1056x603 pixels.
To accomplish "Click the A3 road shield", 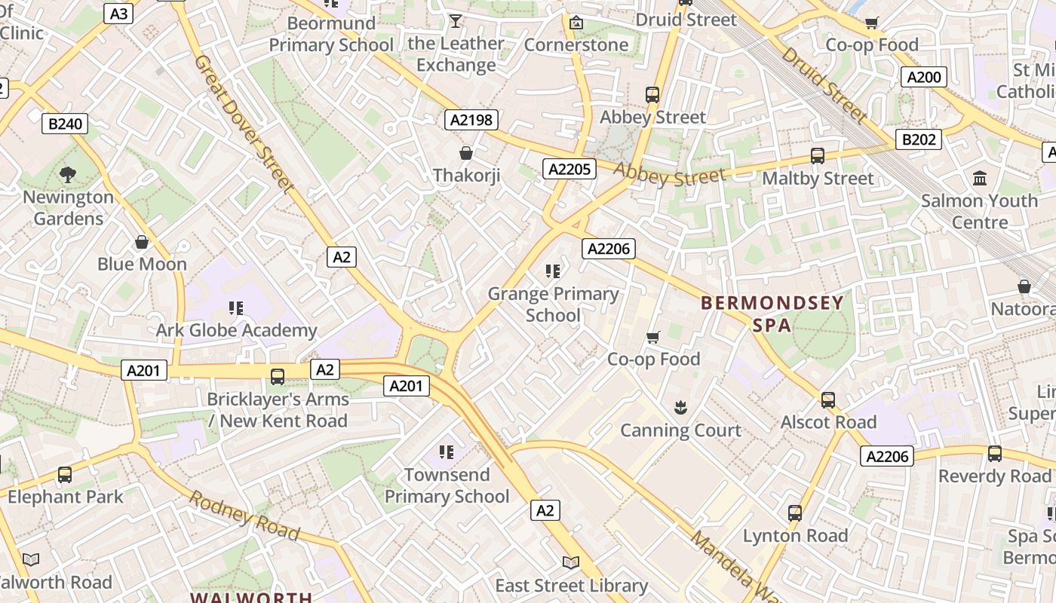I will pos(118,14).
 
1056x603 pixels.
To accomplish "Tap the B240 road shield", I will pos(64,124).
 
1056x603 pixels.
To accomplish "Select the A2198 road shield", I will pos(471,119).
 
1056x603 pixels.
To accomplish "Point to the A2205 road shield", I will pos(569,168).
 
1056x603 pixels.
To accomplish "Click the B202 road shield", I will pos(919,139).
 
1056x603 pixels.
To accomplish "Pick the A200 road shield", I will pos(924,77).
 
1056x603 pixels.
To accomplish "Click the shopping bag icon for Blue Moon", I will pos(141,242).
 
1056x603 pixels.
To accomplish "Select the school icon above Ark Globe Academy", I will pos(236,308).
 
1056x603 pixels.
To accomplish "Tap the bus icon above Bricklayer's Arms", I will pos(278,376).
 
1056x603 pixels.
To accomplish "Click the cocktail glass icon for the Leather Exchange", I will pos(456,21).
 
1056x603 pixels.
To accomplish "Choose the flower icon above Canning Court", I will pos(680,409).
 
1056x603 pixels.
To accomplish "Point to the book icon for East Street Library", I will pos(571,563).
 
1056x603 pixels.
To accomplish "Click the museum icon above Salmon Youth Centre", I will pos(980,179).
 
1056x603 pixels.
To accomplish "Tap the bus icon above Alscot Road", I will pos(828,400).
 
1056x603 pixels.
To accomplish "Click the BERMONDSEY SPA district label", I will pos(772,314).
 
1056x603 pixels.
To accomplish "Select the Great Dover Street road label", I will pos(243,122).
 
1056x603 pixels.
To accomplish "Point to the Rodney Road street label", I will pos(244,515).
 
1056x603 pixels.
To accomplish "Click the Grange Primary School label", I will pos(553,305).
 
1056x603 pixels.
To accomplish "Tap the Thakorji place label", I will pos(467,176).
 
